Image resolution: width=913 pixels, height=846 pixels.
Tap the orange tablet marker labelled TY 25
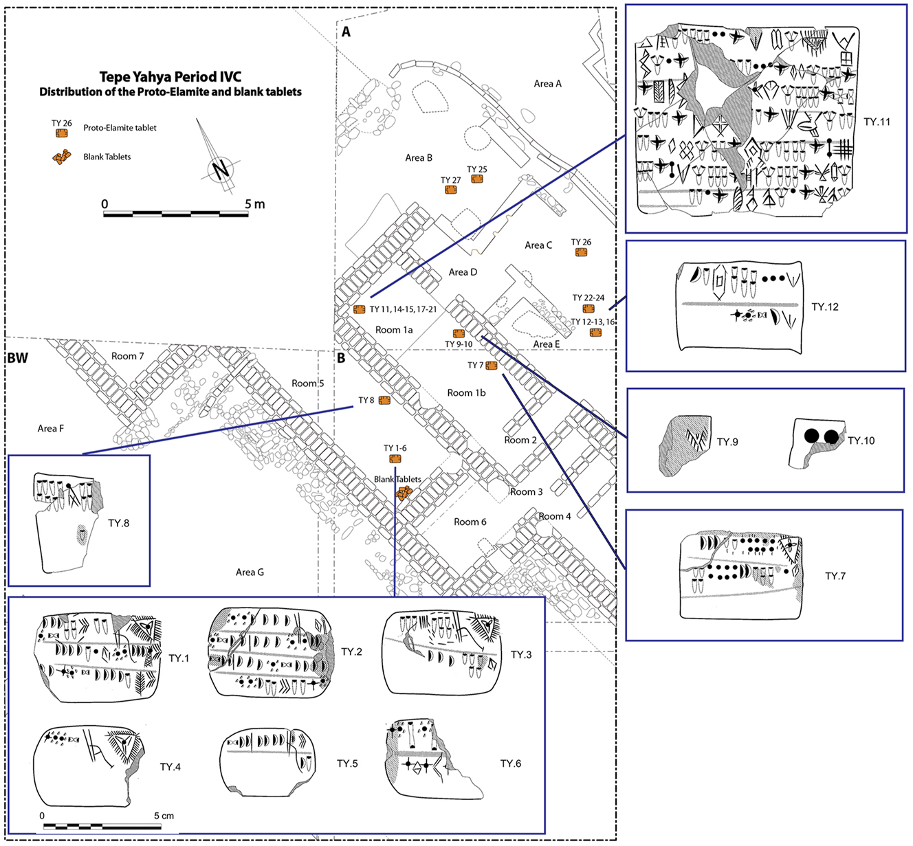click(x=477, y=179)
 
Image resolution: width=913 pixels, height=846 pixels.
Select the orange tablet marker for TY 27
click(x=451, y=190)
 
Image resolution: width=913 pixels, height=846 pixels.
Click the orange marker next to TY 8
click(x=384, y=401)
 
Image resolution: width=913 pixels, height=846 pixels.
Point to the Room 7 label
click(x=128, y=356)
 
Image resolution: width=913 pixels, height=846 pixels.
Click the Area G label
click(x=250, y=572)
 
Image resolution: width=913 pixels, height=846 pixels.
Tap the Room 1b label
click(x=466, y=392)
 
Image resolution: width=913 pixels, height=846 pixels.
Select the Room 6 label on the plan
click(x=470, y=522)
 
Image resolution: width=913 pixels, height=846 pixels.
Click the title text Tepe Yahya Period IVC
click(x=170, y=77)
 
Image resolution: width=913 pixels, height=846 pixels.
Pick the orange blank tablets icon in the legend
click(x=62, y=157)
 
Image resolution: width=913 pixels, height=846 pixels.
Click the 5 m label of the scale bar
click(x=254, y=204)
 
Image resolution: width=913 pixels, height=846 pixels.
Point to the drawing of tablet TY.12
click(x=740, y=307)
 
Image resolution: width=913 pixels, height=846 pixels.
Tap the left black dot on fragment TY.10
click(x=812, y=436)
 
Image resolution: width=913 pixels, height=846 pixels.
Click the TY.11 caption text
click(x=877, y=122)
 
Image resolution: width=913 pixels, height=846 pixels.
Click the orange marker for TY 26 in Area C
click(x=581, y=253)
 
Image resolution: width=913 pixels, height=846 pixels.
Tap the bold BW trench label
click(x=17, y=358)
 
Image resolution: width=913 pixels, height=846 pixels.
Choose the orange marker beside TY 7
click(x=492, y=366)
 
